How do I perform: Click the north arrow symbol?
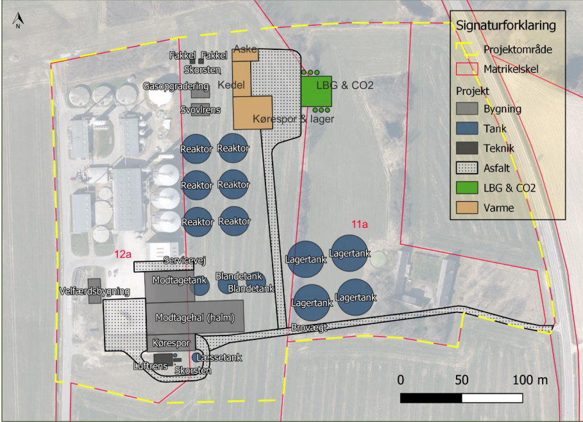click(x=18, y=20)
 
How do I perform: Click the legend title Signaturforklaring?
click(x=505, y=26)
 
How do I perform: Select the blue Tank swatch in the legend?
click(x=467, y=129)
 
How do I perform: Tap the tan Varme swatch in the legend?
click(x=467, y=207)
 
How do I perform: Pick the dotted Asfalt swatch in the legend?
click(x=467, y=168)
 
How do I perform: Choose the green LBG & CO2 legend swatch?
click(x=467, y=188)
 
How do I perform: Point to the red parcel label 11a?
click(x=360, y=224)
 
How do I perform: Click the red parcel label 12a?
click(x=123, y=254)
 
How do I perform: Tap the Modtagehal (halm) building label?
click(x=195, y=318)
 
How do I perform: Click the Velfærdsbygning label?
click(x=94, y=291)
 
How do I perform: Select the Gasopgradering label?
click(x=176, y=86)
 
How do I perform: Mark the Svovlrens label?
click(x=200, y=110)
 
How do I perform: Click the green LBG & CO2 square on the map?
click(x=316, y=92)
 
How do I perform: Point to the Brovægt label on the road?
click(x=309, y=328)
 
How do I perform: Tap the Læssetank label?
click(x=219, y=358)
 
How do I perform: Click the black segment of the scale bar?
click(x=431, y=398)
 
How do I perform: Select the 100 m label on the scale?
click(x=530, y=380)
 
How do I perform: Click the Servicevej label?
click(x=185, y=261)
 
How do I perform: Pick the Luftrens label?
click(x=150, y=366)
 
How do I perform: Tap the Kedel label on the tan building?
click(x=232, y=85)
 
